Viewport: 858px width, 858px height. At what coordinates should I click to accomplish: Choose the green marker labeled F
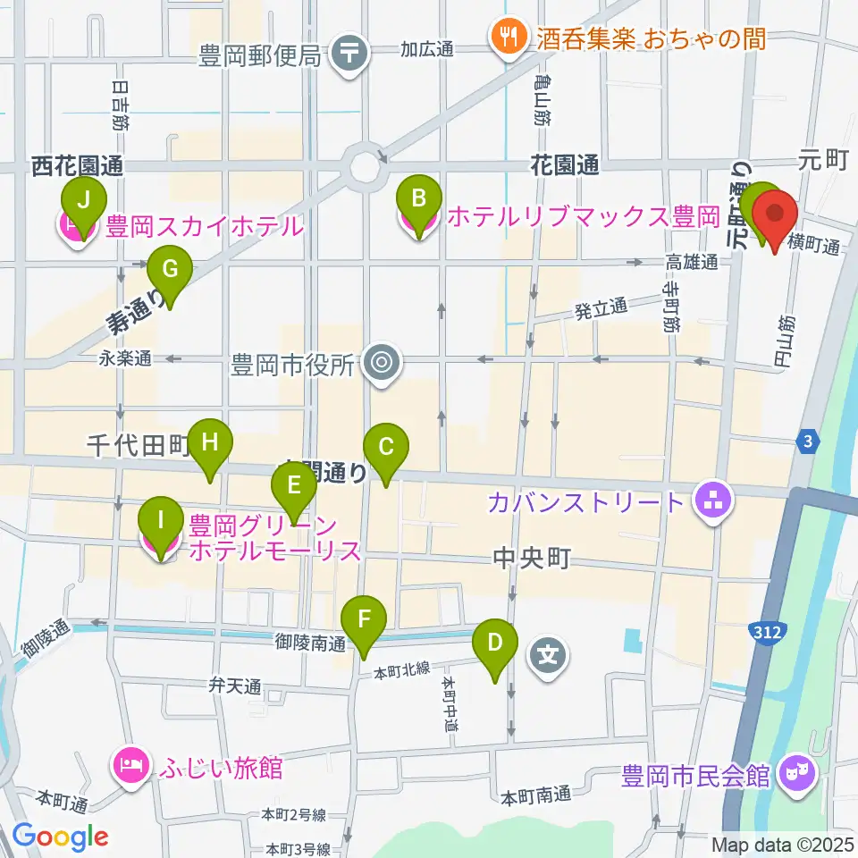364,621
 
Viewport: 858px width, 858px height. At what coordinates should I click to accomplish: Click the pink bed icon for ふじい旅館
130,766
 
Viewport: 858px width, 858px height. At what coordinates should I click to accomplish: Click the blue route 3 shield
807,442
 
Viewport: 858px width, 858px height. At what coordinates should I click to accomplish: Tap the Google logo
60,837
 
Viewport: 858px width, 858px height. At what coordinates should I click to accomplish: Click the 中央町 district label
531,559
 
